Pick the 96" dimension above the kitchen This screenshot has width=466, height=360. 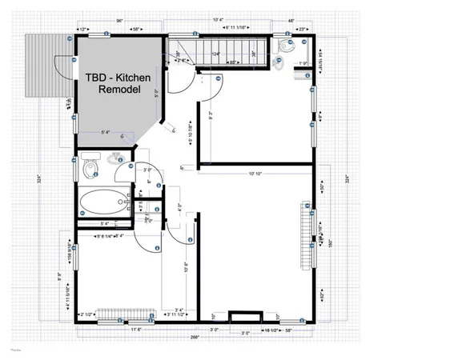tap(119, 19)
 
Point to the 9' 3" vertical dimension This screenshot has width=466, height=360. tap(211, 115)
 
